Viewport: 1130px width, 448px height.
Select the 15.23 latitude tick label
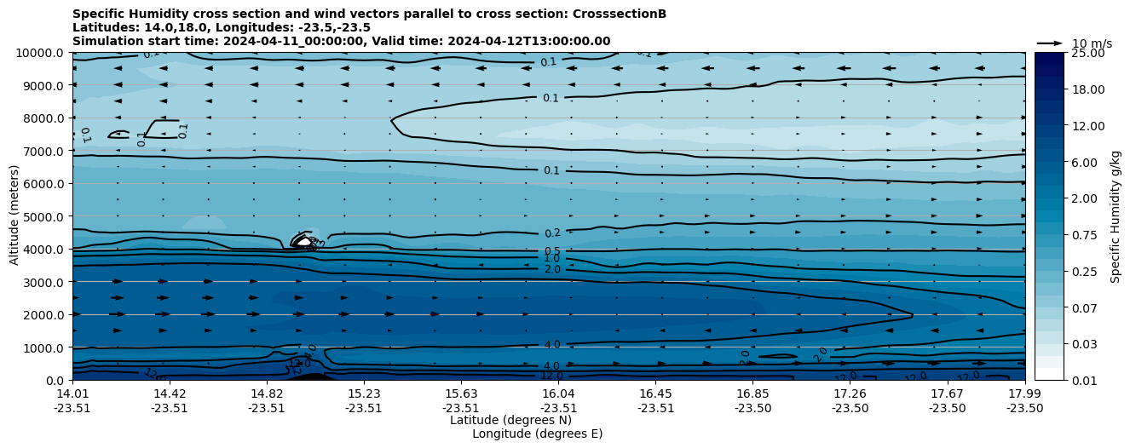(x=364, y=393)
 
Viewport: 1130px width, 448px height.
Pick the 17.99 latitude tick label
(x=1024, y=393)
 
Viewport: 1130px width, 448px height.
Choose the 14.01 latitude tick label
(x=72, y=393)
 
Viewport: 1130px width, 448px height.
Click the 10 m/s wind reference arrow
(x=1050, y=43)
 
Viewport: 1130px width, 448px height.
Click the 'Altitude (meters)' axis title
(x=14, y=216)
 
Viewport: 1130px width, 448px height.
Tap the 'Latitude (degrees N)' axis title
(x=510, y=420)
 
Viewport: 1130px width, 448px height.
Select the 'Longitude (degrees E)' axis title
(x=537, y=434)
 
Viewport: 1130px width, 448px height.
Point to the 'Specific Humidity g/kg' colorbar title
(x=1116, y=216)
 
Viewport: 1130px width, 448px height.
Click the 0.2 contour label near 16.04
(x=552, y=233)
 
